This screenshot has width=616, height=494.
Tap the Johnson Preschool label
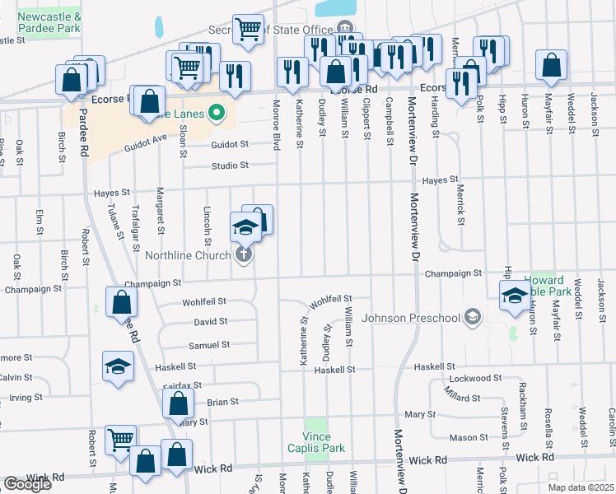(411, 317)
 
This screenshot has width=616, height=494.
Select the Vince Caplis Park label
(317, 442)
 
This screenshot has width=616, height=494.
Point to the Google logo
(27, 484)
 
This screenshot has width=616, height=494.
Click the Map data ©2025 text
(581, 487)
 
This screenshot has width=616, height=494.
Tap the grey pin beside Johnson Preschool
(472, 316)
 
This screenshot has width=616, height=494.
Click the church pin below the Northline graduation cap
(244, 254)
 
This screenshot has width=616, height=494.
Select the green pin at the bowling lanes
(217, 112)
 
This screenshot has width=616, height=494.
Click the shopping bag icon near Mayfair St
(551, 65)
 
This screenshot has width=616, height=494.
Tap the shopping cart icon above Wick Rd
(120, 440)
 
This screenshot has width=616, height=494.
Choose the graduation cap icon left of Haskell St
(118, 365)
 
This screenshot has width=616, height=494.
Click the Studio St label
(230, 165)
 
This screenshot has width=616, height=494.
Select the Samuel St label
(208, 345)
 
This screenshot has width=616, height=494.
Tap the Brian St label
(222, 402)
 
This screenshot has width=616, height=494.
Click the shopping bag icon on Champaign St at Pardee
(120, 301)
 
